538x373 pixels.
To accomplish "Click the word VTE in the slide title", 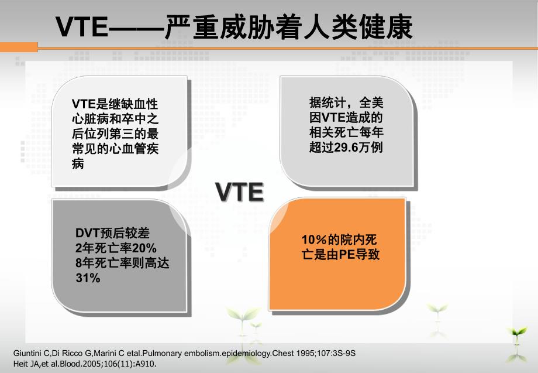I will pyautogui.click(x=82, y=27).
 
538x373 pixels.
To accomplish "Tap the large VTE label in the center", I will pyautogui.click(x=239, y=192).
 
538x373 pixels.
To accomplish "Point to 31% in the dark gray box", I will pyautogui.click(x=88, y=279).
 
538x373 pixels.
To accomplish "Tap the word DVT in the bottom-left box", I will pyautogui.click(x=88, y=233).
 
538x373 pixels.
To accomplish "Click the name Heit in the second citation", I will pyautogui.click(x=20, y=363).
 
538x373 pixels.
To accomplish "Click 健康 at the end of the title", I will pyautogui.click(x=391, y=27).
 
